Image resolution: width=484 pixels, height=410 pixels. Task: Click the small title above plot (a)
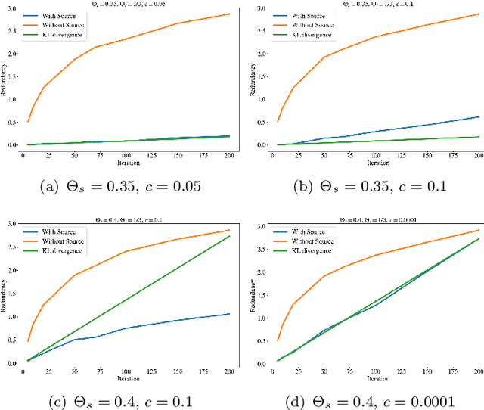click(x=124, y=3)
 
